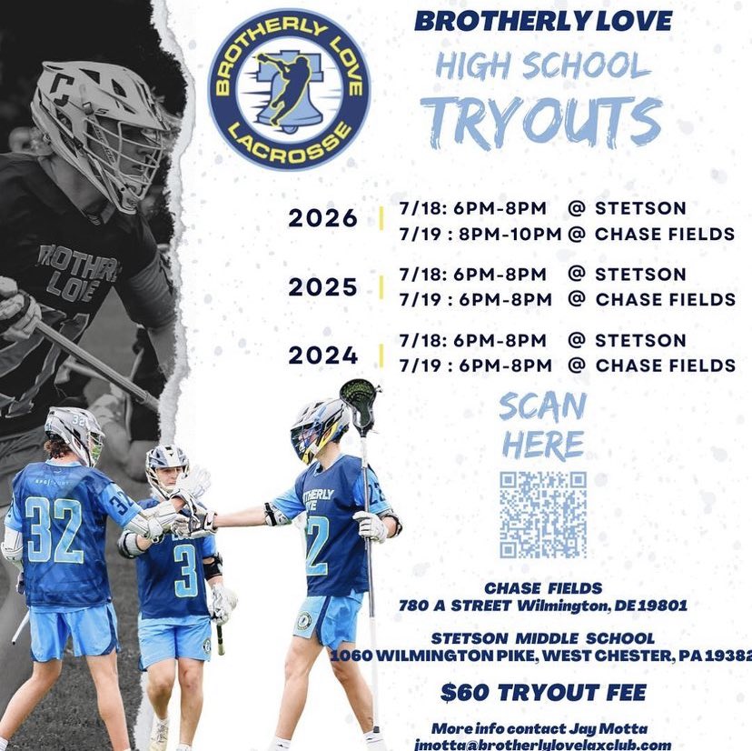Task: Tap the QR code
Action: click(x=542, y=515)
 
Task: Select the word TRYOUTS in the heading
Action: click(x=542, y=121)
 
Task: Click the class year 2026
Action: click(x=322, y=219)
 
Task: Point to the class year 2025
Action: click(x=322, y=287)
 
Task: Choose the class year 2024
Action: click(x=322, y=355)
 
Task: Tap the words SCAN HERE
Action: click(x=543, y=426)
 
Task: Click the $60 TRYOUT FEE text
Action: click(x=543, y=693)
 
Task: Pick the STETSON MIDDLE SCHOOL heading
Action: click(x=543, y=638)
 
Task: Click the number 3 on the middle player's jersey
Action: click(x=185, y=570)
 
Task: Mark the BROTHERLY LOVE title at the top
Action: click(x=543, y=21)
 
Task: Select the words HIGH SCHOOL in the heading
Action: click(x=543, y=65)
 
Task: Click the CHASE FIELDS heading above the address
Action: click(x=543, y=589)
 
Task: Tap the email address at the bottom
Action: click(x=543, y=745)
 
